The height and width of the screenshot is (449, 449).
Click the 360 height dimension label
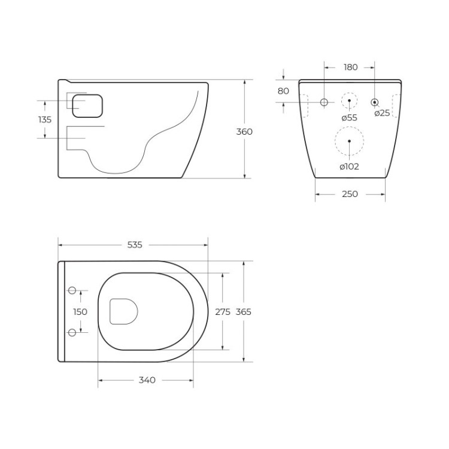pos(244,132)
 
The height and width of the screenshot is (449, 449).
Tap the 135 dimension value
pos(45,120)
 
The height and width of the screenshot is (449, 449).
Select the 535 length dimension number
pos(135,245)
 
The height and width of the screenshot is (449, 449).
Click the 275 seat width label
pos(223,311)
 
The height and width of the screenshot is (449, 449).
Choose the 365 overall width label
pos(243,311)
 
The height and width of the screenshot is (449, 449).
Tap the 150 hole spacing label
pos(80,311)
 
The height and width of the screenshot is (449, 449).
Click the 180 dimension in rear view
pos(351,68)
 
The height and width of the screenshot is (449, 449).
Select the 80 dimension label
pos(283,91)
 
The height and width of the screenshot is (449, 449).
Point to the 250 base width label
pos(350,194)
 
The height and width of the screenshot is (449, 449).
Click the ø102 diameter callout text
pos(349,166)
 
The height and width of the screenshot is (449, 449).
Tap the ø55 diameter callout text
pos(349,117)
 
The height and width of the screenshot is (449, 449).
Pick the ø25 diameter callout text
pos(381,113)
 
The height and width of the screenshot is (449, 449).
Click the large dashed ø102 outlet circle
pos(349,142)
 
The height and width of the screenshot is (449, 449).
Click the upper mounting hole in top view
pos(72,291)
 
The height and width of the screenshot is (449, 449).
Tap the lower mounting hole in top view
pos(72,332)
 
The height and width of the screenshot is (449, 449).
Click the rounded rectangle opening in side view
pos(87,106)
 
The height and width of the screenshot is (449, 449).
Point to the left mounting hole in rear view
pos(324,102)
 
